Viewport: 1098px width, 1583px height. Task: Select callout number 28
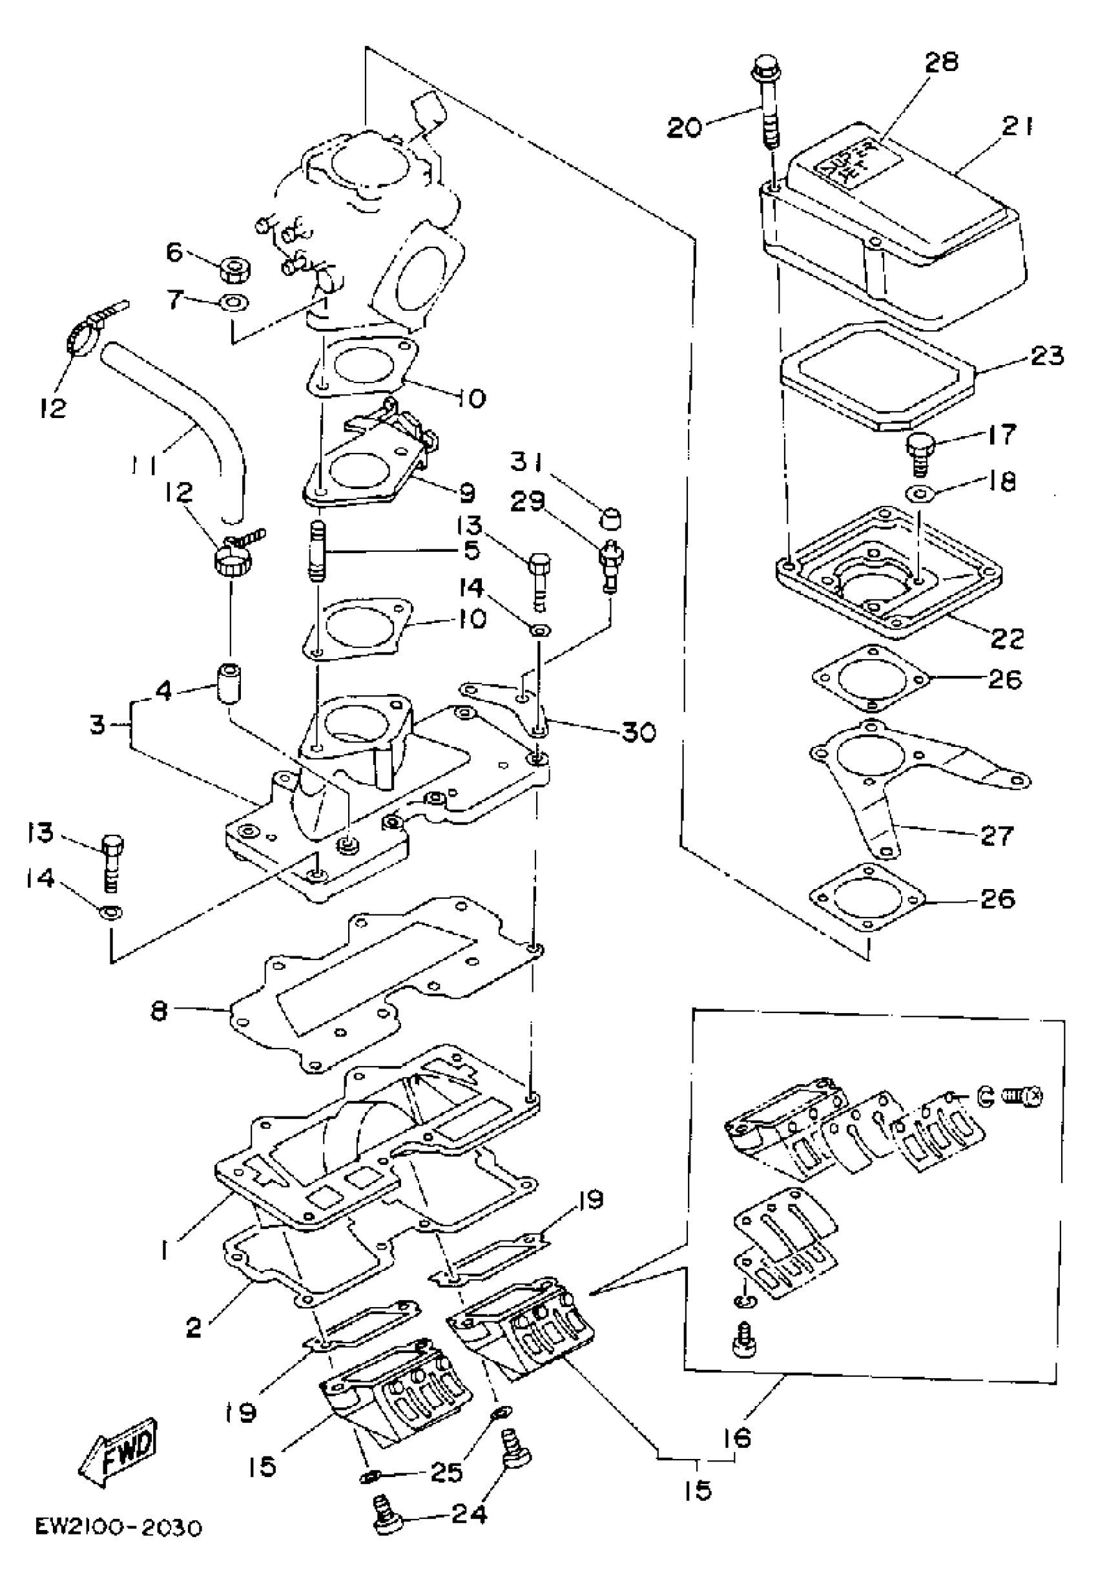pos(940,63)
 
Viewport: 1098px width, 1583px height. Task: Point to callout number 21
pos(1017,128)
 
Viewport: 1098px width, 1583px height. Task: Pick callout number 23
pos(1047,356)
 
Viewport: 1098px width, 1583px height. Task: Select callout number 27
pos(995,835)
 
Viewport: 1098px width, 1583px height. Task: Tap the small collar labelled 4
pos(229,682)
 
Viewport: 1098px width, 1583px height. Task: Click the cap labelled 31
pos(610,517)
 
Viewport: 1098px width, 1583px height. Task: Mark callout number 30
pos(637,732)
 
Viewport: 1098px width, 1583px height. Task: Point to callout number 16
pos(737,1437)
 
